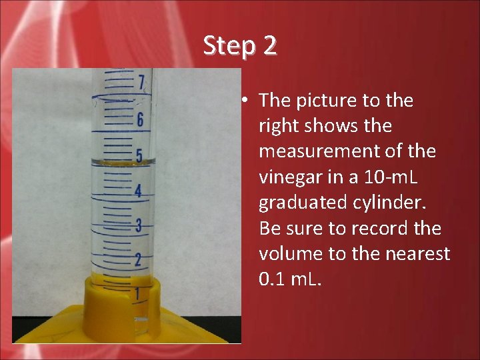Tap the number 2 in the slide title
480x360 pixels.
tap(269, 46)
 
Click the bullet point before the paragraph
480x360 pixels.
tap(245, 101)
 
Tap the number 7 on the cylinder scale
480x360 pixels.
tap(141, 83)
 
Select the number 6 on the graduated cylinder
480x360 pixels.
tap(140, 120)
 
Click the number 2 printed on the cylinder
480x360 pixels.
tap(137, 259)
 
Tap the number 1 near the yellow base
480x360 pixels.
tap(137, 293)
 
